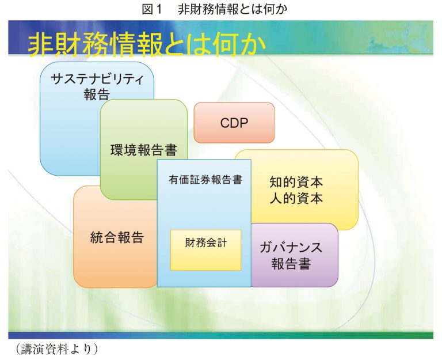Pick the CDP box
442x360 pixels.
tap(234, 123)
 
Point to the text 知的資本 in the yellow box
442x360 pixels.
tap(296, 182)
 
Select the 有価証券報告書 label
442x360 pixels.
tap(205, 180)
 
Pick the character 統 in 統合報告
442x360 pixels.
tap(97, 237)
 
